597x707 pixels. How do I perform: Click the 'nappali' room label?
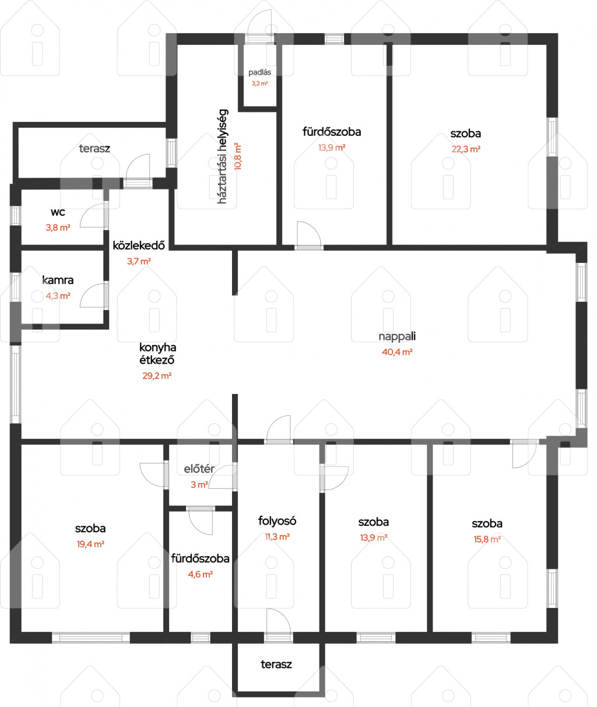coord(397,337)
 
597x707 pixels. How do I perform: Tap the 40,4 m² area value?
coord(397,352)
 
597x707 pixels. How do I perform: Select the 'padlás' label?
coord(259,72)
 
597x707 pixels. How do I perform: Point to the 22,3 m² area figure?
coord(466,149)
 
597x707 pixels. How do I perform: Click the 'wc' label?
coord(58,212)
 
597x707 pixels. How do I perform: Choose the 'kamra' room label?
coord(58,280)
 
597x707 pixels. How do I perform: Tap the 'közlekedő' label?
coord(139,245)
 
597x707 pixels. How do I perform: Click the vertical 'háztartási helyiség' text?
coord(222,156)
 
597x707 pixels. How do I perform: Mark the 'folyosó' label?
coord(277,520)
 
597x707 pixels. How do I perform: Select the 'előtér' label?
coord(199,469)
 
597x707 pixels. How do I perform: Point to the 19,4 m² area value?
coord(90,544)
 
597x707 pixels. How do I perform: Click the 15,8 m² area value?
coord(487,539)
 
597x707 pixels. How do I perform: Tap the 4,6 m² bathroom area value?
coord(200,574)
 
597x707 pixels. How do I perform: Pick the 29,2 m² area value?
coord(157,376)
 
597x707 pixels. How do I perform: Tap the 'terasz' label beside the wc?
coord(94,148)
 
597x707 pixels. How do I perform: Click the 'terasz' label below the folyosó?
coord(276,664)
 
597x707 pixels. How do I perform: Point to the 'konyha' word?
coord(157,347)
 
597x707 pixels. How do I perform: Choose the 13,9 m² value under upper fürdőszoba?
coord(332,147)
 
